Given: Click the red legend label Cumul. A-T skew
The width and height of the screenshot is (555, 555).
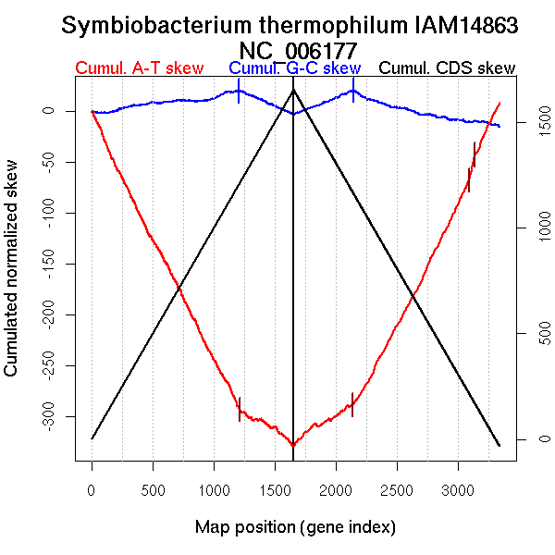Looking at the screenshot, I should click(139, 68).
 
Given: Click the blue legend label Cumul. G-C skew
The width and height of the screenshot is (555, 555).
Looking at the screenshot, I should click(294, 68).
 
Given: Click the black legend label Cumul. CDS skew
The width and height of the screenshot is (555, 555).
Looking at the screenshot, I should click(448, 68).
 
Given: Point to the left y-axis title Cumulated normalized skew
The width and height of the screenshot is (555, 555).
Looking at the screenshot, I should click(12, 279).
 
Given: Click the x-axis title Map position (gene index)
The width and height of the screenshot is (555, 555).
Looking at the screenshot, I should click(295, 527).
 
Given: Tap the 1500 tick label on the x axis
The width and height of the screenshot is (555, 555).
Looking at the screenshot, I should click(275, 488).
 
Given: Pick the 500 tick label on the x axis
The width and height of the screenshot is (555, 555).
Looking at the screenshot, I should click(153, 488).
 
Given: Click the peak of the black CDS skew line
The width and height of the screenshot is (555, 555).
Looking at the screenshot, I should click(293, 89).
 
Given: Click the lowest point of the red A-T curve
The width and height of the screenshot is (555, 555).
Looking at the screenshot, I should click(293, 446).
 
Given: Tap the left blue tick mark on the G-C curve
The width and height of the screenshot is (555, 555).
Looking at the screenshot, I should click(239, 92).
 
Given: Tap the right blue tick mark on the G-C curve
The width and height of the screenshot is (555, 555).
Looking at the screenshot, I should click(352, 91).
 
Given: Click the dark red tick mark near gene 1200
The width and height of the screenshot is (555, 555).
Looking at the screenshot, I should click(240, 409).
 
